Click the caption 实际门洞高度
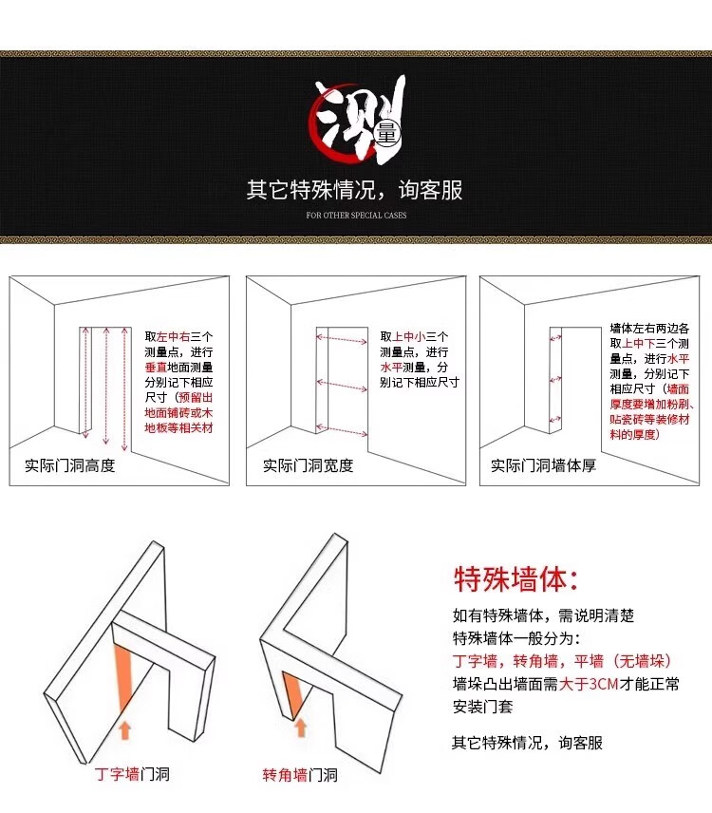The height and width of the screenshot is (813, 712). click(x=70, y=465)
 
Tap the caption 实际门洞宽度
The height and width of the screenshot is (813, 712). click(x=308, y=465)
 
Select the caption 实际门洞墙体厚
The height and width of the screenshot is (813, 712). click(x=543, y=465)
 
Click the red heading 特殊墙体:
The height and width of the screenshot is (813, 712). click(x=516, y=579)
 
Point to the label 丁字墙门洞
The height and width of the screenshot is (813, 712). click(x=132, y=774)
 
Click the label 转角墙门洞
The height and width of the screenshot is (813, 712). click(x=300, y=775)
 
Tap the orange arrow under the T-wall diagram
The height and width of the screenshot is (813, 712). click(x=124, y=729)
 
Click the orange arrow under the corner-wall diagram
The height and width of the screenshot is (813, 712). click(x=301, y=728)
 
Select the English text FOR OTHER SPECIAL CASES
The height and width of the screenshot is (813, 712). click(x=356, y=216)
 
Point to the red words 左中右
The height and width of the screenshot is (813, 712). click(x=173, y=337)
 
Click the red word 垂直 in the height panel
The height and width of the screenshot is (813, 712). click(x=156, y=368)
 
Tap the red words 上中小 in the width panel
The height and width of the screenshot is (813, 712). click(x=408, y=337)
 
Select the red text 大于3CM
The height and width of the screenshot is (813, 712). click(x=590, y=684)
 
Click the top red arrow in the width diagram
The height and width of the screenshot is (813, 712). click(x=342, y=339)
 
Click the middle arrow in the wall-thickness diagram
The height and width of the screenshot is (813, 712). click(x=555, y=380)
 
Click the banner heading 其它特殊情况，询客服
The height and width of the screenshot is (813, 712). click(x=354, y=190)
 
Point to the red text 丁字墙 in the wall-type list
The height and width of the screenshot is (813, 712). click(x=475, y=661)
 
